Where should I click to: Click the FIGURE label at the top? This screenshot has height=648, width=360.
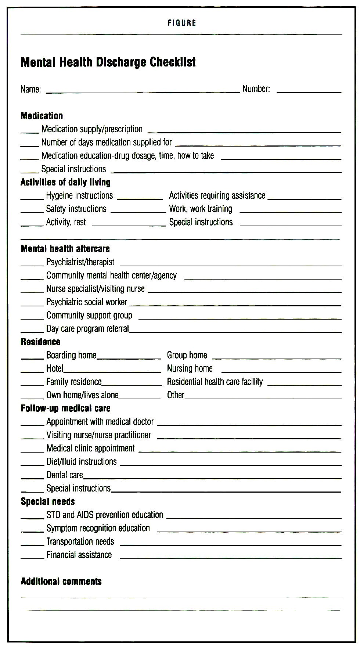tap(182, 23)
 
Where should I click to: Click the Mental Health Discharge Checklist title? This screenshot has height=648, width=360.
tap(108, 62)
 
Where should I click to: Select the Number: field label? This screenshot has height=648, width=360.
tap(256, 89)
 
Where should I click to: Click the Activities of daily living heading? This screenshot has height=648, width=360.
tap(65, 182)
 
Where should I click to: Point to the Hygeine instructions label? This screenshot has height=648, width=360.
tap(79, 195)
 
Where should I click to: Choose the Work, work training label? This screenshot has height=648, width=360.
tap(201, 209)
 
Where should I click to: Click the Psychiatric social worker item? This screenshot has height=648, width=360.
tap(87, 302)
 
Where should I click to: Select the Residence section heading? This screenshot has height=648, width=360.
tap(40, 342)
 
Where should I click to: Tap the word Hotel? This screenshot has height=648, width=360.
tap(55, 368)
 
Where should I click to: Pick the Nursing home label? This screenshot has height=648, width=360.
tap(190, 368)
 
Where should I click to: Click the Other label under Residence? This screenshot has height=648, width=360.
tap(176, 395)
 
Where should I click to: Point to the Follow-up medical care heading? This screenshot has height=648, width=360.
tap(65, 408)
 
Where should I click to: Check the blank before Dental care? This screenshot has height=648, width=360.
tap(32, 478)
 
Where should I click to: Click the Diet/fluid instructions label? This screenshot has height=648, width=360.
tap(82, 461)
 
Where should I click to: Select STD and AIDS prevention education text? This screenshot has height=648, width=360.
tap(105, 515)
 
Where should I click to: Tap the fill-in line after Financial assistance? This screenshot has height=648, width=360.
tap(230, 558)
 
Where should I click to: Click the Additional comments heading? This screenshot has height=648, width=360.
tap(61, 581)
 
